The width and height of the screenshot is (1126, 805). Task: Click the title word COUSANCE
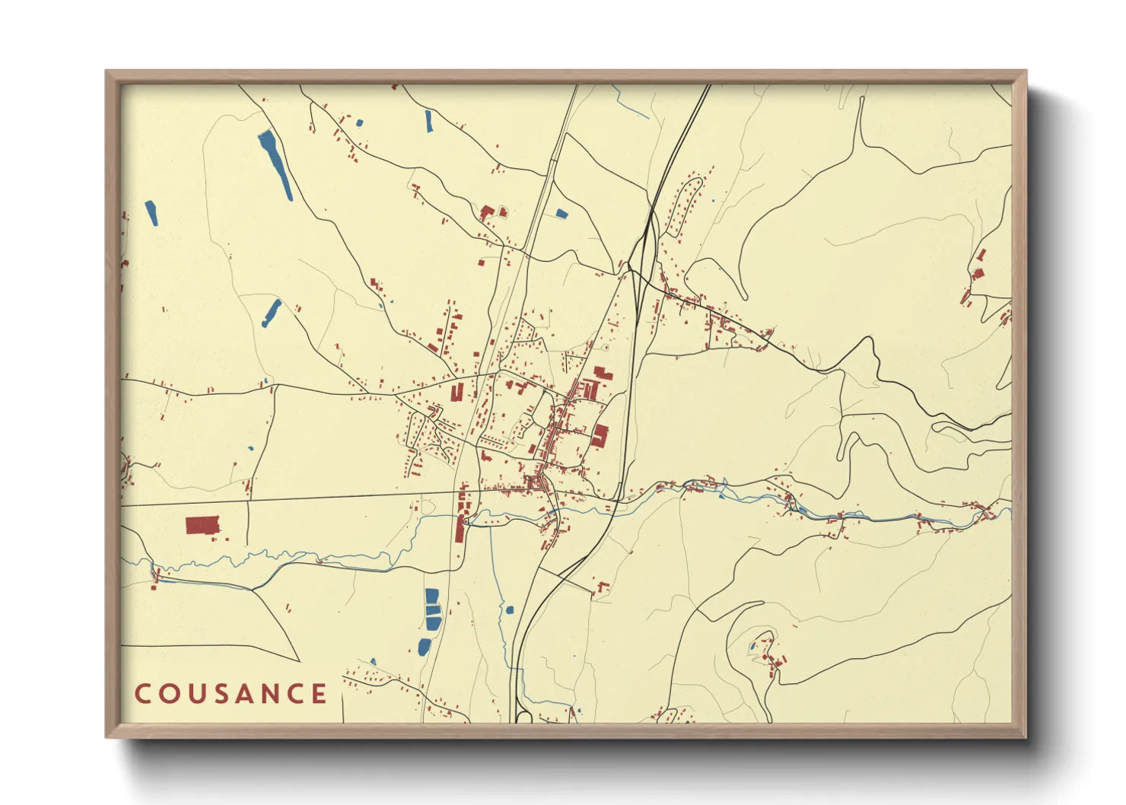pyautogui.click(x=231, y=694)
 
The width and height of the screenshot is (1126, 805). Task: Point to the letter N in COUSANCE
pyautogui.click(x=275, y=694)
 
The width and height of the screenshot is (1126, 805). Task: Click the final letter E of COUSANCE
pyautogui.click(x=320, y=694)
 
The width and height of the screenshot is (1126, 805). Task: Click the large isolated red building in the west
pyautogui.click(x=202, y=525)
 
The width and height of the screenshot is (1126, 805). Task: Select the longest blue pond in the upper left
pyautogui.click(x=275, y=165)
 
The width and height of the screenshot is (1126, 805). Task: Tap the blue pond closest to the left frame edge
pyautogui.click(x=151, y=213)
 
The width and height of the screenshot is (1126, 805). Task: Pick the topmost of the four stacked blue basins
pyautogui.click(x=431, y=595)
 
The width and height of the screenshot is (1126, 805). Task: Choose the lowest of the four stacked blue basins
pyautogui.click(x=423, y=647)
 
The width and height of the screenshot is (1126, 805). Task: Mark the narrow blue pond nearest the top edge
pyautogui.click(x=429, y=121)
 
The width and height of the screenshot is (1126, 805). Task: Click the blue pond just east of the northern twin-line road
pyautogui.click(x=561, y=214)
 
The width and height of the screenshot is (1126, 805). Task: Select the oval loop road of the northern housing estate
pyautogui.click(x=684, y=205)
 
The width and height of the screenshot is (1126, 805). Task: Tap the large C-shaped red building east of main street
pyautogui.click(x=600, y=436)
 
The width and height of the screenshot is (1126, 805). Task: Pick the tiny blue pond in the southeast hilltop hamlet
pyautogui.click(x=753, y=647)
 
